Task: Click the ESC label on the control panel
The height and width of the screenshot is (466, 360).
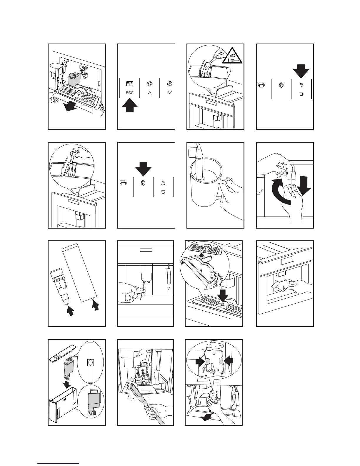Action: [x=129, y=93]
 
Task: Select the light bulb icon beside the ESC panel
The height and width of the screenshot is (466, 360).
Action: [x=150, y=84]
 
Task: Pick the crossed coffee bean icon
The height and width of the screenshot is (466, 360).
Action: [x=169, y=84]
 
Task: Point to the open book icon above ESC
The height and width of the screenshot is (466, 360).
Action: [x=129, y=84]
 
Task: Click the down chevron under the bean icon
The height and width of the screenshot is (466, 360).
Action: [x=169, y=93]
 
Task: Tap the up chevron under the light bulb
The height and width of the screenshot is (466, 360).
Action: [x=150, y=93]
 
